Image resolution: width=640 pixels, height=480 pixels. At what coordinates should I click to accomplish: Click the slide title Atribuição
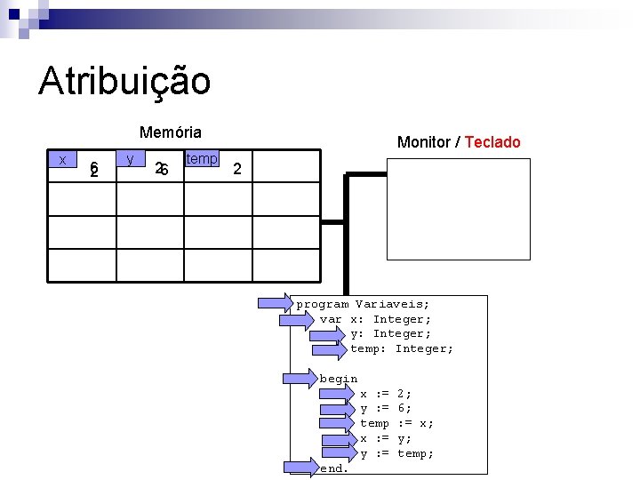[124, 81]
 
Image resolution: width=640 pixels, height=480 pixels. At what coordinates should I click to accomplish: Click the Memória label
[171, 132]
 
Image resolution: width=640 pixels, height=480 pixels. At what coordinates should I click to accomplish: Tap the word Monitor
[423, 142]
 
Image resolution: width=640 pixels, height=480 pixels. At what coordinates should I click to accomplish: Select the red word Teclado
[492, 142]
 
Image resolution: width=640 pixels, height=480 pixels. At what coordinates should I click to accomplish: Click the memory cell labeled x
[62, 160]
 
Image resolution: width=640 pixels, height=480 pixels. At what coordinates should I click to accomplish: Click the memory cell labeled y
[131, 160]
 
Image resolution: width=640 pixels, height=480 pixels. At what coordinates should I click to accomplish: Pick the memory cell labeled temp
[201, 160]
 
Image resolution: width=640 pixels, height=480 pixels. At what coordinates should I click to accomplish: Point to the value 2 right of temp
[236, 168]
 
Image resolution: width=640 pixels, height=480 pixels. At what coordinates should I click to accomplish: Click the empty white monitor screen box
[459, 209]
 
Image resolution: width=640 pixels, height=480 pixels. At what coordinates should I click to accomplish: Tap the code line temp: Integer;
[402, 348]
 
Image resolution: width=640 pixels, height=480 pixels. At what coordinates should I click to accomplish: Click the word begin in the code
[339, 379]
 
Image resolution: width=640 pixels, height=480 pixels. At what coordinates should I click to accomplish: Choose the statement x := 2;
[386, 393]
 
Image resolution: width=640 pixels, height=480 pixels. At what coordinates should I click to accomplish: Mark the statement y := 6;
[386, 408]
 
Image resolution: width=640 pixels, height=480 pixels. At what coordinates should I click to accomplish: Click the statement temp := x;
[396, 423]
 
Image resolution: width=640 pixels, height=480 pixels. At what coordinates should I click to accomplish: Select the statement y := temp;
[396, 453]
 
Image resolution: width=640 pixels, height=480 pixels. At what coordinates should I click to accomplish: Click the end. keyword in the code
[334, 468]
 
